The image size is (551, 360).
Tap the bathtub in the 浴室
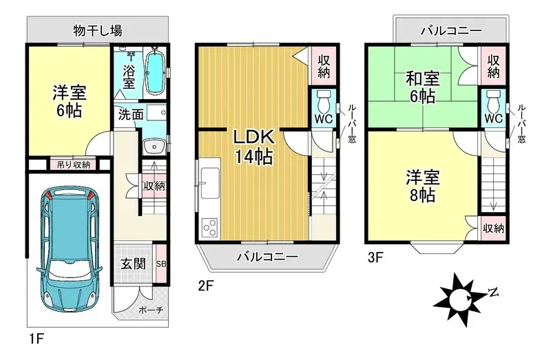(x=154, y=72)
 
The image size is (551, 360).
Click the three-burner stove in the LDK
(x=209, y=227)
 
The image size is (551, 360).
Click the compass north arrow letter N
(x=494, y=293)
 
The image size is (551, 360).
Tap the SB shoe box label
(x=161, y=264)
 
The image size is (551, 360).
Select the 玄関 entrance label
(x=134, y=264)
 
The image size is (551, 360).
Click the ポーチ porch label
(x=151, y=310)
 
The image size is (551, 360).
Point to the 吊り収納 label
(x=74, y=165)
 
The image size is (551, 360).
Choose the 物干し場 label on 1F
(x=98, y=30)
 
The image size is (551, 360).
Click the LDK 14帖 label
(x=253, y=147)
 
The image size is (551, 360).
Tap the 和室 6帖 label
(x=422, y=87)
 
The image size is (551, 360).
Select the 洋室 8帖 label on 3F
(x=423, y=187)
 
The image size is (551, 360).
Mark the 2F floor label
(x=205, y=286)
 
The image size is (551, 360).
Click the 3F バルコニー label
(x=451, y=31)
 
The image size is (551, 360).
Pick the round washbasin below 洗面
(x=154, y=146)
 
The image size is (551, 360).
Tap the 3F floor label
(x=375, y=257)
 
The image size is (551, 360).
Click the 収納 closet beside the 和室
(x=493, y=65)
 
